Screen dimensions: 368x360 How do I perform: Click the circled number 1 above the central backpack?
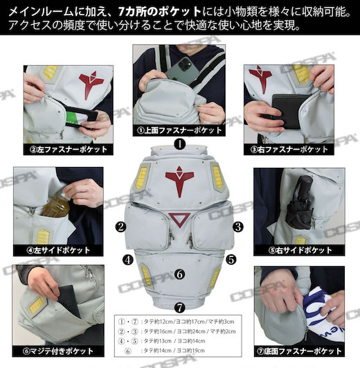click(179, 145)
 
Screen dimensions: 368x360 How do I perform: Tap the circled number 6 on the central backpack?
click(179, 274)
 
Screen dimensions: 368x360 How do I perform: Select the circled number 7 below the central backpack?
click(179, 306)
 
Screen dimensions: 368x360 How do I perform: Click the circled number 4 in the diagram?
click(128, 261)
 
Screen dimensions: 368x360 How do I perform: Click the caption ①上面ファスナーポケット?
click(179, 130)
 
